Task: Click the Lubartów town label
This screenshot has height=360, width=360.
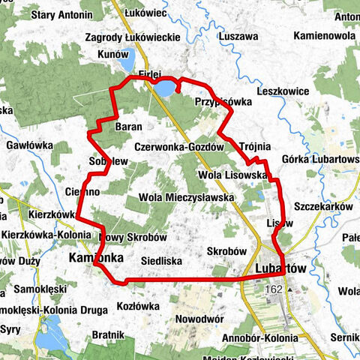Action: click(x=280, y=268)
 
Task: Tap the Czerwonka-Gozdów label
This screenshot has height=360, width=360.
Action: click(x=181, y=148)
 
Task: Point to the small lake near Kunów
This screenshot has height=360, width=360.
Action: click(x=127, y=55)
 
